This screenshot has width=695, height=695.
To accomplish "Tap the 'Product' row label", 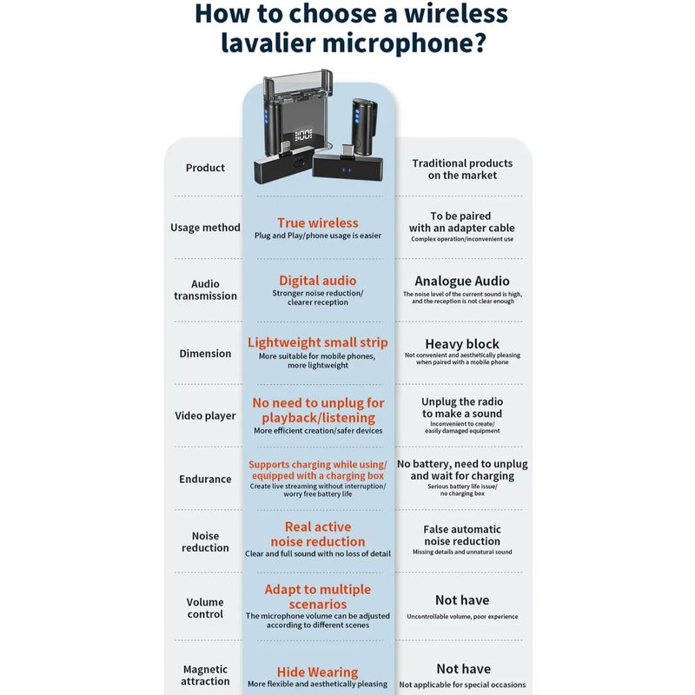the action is [x=205, y=168].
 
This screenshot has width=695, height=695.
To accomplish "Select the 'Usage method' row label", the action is [x=205, y=228].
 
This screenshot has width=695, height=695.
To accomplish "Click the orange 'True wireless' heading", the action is [x=318, y=222].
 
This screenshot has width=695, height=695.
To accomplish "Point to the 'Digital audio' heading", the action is [x=318, y=281].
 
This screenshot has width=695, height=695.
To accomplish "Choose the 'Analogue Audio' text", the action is [x=462, y=281].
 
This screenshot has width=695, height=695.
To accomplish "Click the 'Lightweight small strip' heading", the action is [x=318, y=342].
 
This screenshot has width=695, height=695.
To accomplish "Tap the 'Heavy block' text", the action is [x=462, y=344].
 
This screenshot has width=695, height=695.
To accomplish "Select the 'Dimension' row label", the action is [x=205, y=354].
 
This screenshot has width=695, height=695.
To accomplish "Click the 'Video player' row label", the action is [x=205, y=416].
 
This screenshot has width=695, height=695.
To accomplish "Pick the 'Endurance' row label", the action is [x=205, y=480].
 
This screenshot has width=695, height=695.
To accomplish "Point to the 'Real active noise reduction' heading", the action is [x=318, y=534].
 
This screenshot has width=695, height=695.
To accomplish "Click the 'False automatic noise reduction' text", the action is [x=462, y=535].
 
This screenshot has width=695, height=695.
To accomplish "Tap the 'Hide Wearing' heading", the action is [x=318, y=672].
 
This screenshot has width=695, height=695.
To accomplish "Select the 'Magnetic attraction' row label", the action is [x=205, y=675].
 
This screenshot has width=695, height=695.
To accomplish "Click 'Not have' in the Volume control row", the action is [x=462, y=600].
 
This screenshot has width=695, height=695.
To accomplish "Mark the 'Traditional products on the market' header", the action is [x=462, y=169].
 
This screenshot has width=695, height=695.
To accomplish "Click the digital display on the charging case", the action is [x=303, y=135].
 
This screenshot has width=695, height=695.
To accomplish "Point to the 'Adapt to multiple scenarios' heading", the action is [x=318, y=597].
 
